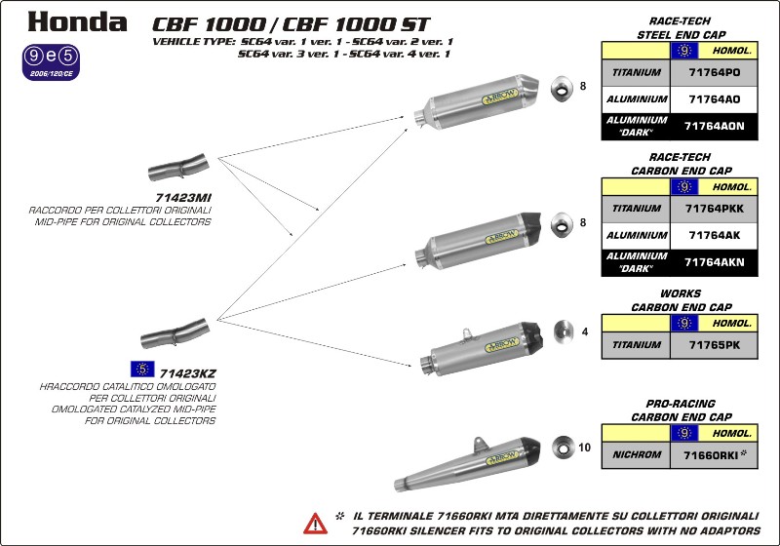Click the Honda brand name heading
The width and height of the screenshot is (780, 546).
(x=77, y=21)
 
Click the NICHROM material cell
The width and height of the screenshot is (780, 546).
(x=637, y=453)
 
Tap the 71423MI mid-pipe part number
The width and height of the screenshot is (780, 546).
(x=183, y=198)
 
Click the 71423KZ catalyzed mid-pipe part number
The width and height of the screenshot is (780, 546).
(x=186, y=371)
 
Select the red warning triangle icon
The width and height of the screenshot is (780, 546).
(x=315, y=523)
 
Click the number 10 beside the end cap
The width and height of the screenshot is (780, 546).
(x=584, y=448)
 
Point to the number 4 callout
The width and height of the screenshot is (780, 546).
(x=584, y=331)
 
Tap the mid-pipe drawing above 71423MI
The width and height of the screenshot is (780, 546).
(x=177, y=166)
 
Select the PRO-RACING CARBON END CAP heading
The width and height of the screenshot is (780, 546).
(x=681, y=409)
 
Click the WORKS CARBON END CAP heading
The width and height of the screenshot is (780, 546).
(x=681, y=299)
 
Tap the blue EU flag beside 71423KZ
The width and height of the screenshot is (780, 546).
(x=142, y=369)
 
